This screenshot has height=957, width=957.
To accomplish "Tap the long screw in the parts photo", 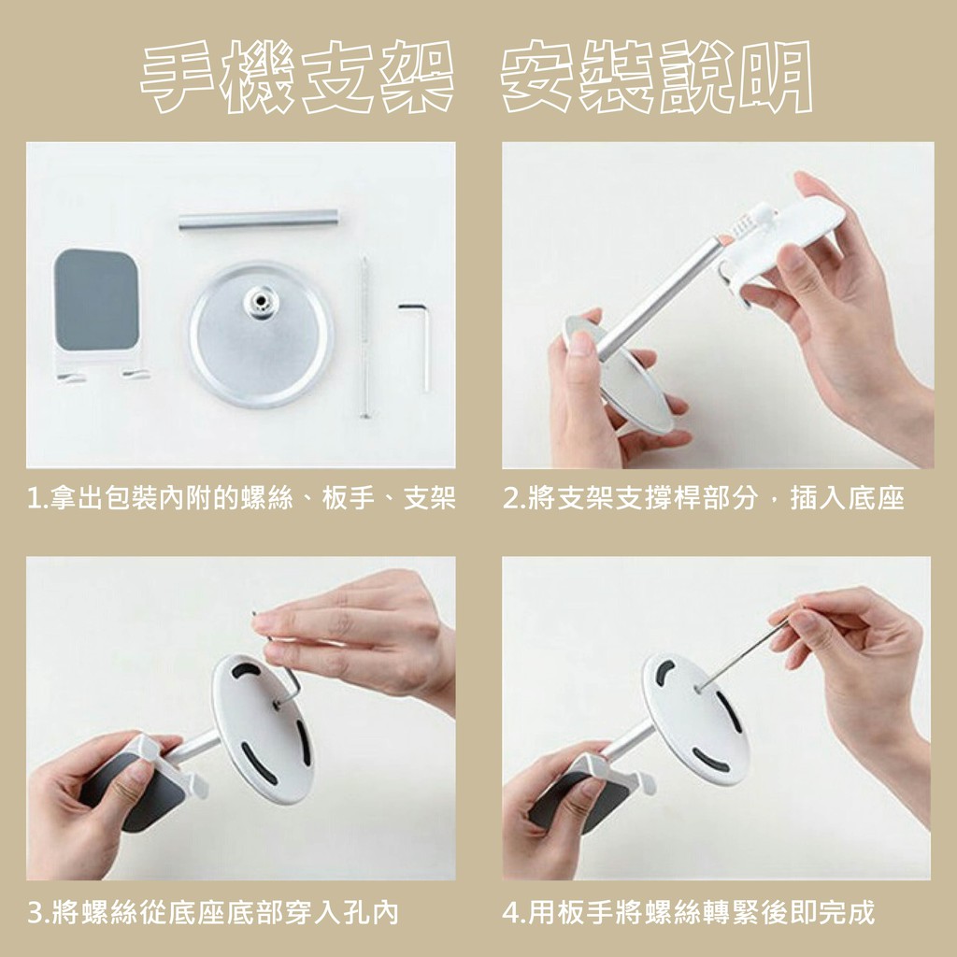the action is point(365,336).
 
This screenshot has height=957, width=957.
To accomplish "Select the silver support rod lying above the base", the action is point(258,220).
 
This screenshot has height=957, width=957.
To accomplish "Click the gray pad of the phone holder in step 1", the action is point(96,299).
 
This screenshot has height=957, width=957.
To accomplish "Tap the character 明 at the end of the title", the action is point(774,77).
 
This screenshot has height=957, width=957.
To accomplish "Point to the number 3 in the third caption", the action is point(36,913).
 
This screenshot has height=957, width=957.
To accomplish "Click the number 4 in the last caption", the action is point(511,913).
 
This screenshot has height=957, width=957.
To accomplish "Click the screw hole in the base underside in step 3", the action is point(277,705).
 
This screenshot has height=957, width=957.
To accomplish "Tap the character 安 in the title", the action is point(537,77).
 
